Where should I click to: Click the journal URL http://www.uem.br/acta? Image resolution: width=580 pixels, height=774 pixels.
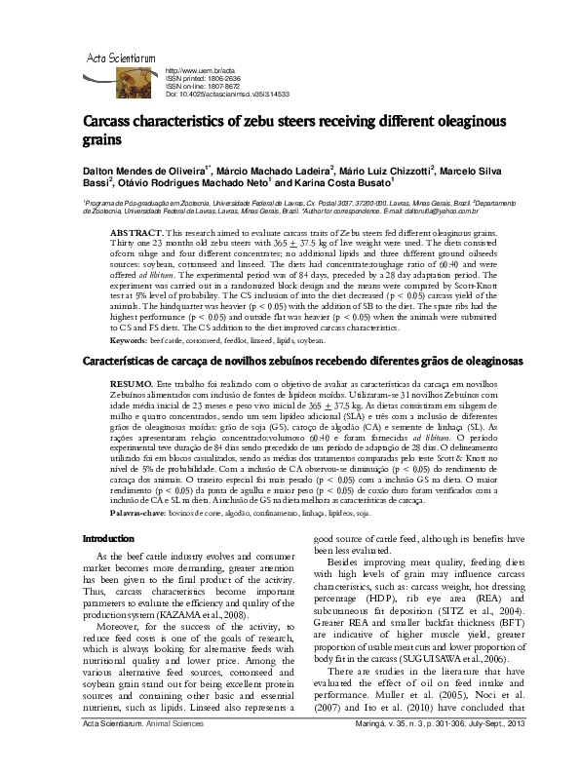tap(202, 72)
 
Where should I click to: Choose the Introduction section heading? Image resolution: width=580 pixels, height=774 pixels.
tap(107, 538)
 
